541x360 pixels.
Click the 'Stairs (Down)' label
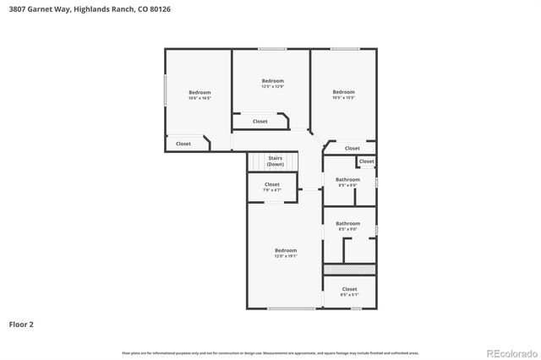[275, 161]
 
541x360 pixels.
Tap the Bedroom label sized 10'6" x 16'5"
[199, 95]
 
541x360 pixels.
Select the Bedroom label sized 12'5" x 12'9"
[272, 83]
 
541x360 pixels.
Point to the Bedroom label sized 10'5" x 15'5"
[343, 94]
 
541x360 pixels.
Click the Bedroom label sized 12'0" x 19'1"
[286, 252]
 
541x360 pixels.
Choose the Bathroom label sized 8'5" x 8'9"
[347, 182]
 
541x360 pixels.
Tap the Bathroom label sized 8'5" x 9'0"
[347, 226]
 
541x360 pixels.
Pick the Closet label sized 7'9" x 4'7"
[272, 187]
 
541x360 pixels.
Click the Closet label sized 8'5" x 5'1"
[349, 292]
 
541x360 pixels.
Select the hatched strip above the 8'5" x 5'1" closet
[349, 269]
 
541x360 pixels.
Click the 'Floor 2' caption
[21, 324]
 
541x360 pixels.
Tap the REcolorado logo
[510, 352]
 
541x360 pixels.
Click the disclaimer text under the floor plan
[270, 352]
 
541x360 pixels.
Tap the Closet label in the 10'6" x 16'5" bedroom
[183, 144]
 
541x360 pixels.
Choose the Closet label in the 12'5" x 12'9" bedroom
[260, 122]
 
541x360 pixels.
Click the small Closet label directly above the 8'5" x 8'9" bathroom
[366, 161]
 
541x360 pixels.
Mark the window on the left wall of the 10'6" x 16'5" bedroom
[165, 90]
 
